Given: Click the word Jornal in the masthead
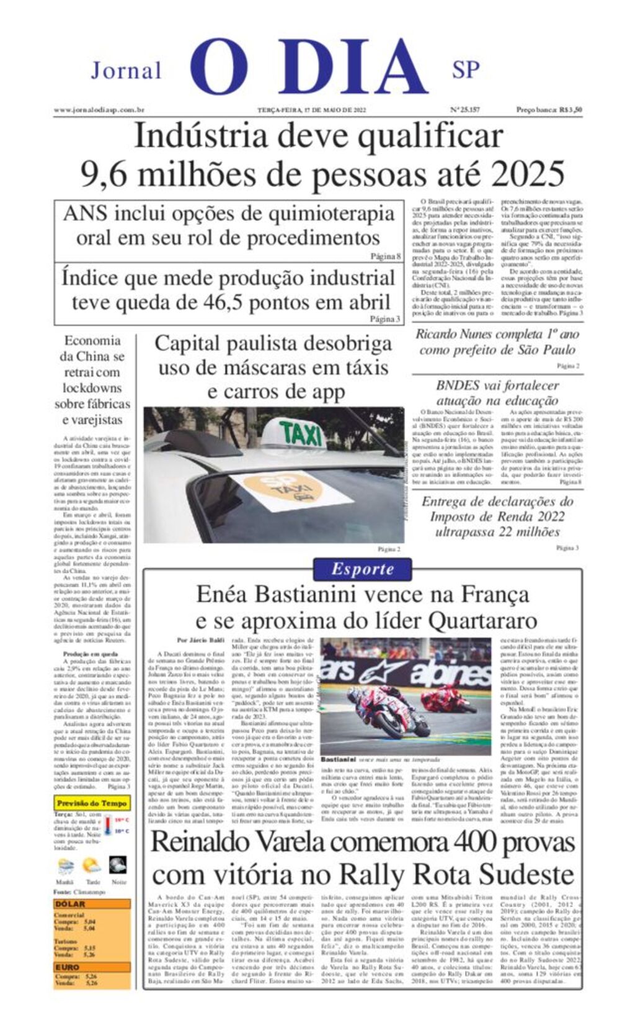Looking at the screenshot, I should [126, 71].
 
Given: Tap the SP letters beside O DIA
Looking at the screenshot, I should [466, 69].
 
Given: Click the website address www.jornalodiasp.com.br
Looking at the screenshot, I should [99, 110].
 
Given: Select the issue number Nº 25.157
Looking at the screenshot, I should [464, 110].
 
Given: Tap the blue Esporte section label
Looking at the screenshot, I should [362, 569].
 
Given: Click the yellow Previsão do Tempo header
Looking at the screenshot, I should [91, 803].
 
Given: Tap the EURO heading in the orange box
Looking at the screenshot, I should [68, 967].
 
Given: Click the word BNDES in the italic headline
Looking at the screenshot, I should [458, 385].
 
